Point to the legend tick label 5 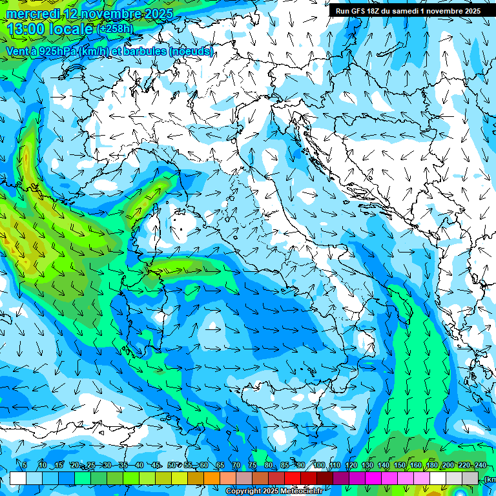pyautogui.click(x=24, y=465)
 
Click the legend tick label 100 pyautogui.click(x=318, y=465)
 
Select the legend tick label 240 pyautogui.click(x=480, y=465)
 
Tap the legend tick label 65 pyautogui.click(x=220, y=465)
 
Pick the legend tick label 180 pyautogui.click(x=431, y=465)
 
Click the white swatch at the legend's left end pyautogui.click(x=17, y=478)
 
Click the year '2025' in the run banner pyautogui.click(x=470, y=11)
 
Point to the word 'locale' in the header pyautogui.click(x=69, y=28)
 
